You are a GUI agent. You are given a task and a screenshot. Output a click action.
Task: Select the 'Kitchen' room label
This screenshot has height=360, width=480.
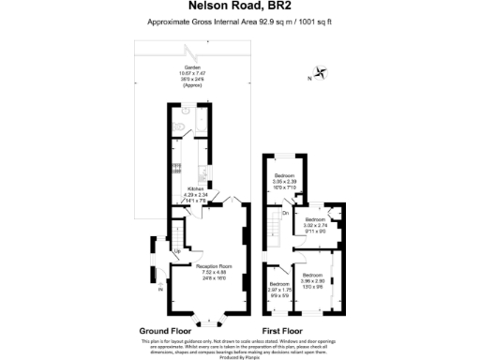click(195, 188)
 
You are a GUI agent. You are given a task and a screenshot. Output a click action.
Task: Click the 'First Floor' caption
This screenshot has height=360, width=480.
click(283, 331)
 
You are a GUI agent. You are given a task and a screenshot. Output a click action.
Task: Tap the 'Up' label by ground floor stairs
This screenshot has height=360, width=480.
click(177, 250)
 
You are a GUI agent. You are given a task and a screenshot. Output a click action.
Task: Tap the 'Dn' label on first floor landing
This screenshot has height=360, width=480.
click(285, 214)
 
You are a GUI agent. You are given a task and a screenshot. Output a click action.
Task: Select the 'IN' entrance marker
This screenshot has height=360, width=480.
click(160, 290)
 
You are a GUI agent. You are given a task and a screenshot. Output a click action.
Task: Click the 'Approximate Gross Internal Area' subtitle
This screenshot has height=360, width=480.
click(240, 22)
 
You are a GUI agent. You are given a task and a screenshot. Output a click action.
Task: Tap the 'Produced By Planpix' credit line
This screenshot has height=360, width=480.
click(240, 356)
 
